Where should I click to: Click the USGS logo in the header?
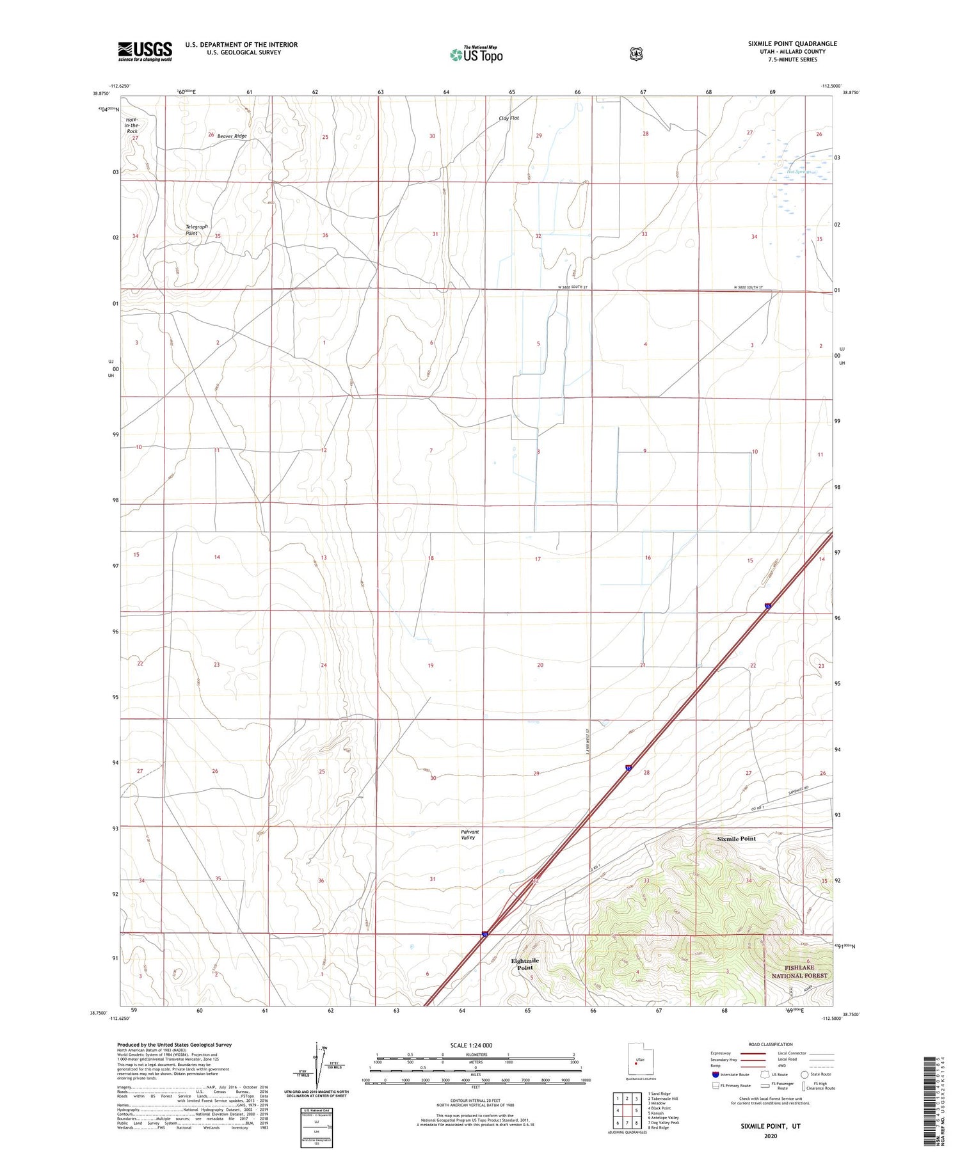145,51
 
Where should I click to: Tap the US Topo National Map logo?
477,54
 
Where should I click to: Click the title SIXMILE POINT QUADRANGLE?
792,44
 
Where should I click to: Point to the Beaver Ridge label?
232,136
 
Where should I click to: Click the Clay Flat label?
509,118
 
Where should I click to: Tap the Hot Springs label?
799,171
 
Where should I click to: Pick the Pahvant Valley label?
470,834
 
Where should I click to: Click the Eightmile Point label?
525,964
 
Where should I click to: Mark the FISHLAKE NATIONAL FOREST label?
799,972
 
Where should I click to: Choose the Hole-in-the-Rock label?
132,125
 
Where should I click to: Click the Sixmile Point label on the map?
736,838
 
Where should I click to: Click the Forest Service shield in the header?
636,54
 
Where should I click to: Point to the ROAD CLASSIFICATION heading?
771,1045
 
